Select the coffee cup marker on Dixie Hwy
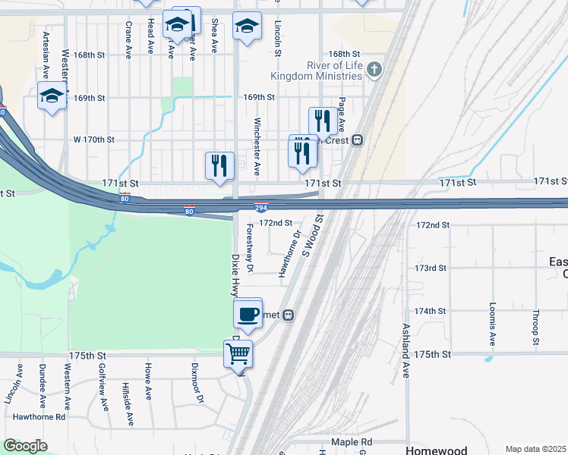(248, 312)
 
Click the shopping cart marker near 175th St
(238, 353)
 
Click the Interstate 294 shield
(260, 208)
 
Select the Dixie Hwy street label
(235, 275)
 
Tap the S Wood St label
(312, 234)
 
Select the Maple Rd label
(352, 442)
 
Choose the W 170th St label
(93, 140)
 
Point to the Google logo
(25, 446)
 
